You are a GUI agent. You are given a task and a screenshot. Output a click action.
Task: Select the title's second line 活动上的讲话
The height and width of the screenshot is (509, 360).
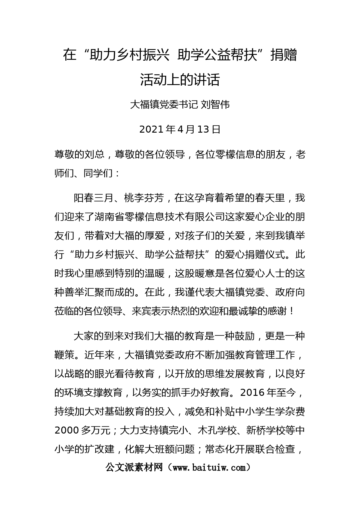tap(180, 80)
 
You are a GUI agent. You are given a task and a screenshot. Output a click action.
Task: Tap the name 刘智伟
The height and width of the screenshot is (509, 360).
tap(215, 104)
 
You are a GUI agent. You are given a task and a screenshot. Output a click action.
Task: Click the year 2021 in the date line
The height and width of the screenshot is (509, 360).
tap(152, 129)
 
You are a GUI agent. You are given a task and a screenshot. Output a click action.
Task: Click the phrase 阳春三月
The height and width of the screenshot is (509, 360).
tap(93, 198)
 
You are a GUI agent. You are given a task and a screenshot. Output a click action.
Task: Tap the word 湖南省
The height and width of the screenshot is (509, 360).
tap(104, 217)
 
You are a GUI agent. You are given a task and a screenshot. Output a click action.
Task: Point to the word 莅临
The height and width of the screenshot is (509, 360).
tap(64, 311)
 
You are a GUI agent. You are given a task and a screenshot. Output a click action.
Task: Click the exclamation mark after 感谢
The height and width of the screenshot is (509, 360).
tap(292, 311)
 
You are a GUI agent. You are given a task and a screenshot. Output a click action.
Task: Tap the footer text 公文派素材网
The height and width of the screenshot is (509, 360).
tap(134, 468)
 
